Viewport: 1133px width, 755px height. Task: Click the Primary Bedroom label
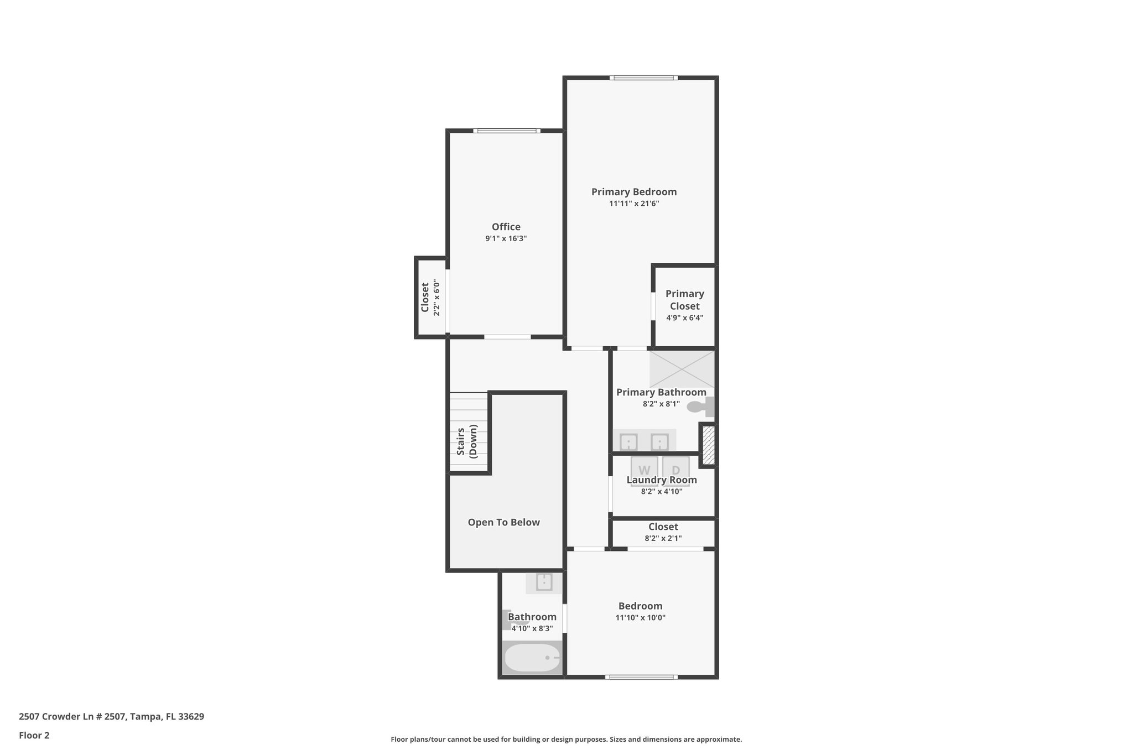pyautogui.click(x=634, y=192)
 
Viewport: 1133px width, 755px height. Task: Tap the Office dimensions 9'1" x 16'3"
pyautogui.click(x=506, y=239)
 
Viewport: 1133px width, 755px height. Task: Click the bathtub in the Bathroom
pyautogui.click(x=532, y=658)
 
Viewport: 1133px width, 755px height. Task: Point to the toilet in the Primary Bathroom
pyautogui.click(x=699, y=407)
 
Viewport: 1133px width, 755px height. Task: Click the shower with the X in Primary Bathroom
pyautogui.click(x=682, y=369)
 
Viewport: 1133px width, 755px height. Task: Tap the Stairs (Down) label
pyautogui.click(x=467, y=441)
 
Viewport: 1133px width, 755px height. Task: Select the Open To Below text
pyautogui.click(x=503, y=523)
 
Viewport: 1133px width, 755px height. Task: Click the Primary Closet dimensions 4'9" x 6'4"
pyautogui.click(x=684, y=318)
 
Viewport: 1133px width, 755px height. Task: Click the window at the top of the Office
pyautogui.click(x=506, y=131)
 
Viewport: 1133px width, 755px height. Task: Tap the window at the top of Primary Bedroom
pyautogui.click(x=643, y=78)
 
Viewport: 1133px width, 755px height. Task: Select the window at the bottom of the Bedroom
pyautogui.click(x=641, y=677)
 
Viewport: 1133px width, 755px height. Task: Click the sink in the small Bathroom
pyautogui.click(x=544, y=582)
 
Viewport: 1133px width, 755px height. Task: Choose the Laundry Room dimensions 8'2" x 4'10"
pyautogui.click(x=662, y=492)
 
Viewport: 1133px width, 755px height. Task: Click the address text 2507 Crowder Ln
pyautogui.click(x=111, y=717)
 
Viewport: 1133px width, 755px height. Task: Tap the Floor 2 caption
pyautogui.click(x=34, y=736)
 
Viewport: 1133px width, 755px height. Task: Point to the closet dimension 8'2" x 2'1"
pyautogui.click(x=663, y=539)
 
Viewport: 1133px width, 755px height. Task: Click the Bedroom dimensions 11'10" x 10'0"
pyautogui.click(x=640, y=618)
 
